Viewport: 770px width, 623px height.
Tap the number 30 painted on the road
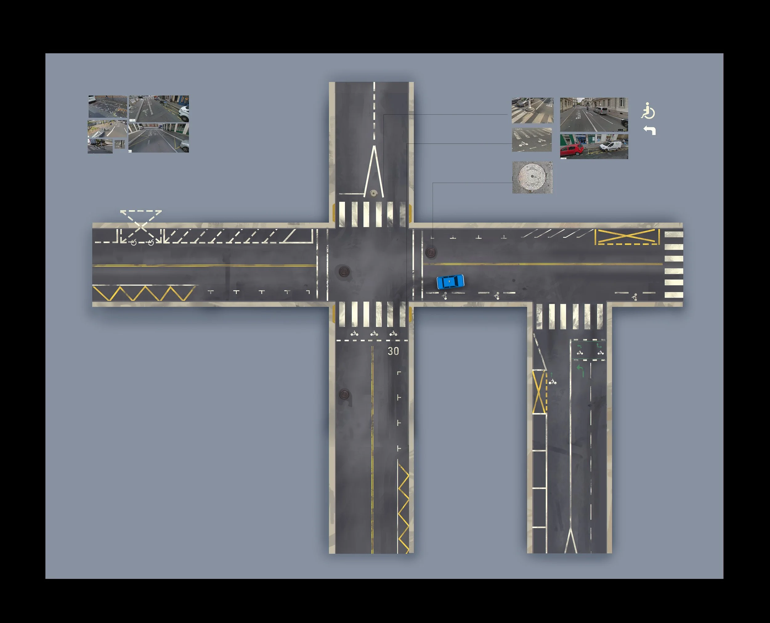(393, 351)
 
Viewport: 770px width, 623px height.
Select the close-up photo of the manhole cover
(532, 177)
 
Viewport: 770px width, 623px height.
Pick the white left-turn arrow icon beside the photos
(650, 130)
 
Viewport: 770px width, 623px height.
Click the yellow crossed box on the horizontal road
(627, 237)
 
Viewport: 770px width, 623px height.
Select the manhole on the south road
(344, 394)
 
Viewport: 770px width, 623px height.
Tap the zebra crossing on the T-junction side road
(569, 316)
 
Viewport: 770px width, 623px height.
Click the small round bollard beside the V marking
(374, 193)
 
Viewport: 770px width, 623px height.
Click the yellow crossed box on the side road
(538, 392)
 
